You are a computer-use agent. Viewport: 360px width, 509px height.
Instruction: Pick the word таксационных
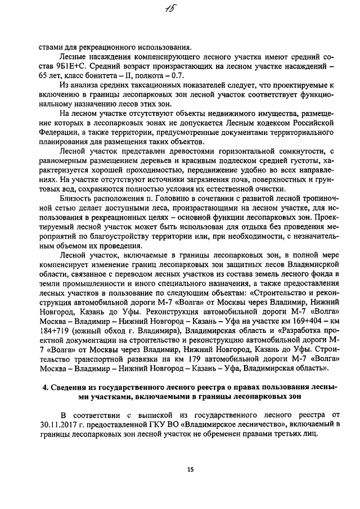point(139,84)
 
